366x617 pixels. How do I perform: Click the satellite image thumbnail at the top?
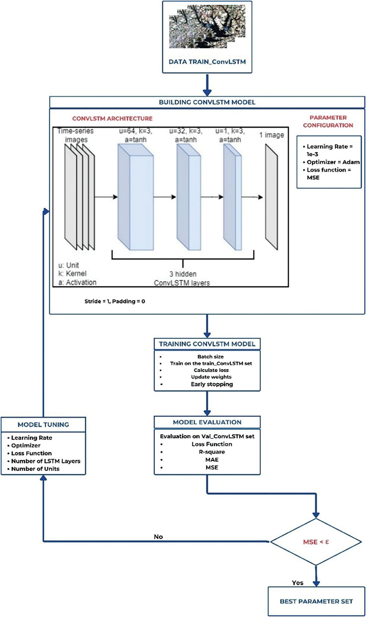click(x=207, y=26)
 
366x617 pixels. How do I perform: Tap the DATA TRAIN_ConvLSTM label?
click(x=207, y=62)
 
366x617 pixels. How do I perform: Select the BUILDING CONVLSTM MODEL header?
click(x=207, y=102)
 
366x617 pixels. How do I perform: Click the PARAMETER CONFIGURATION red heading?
click(x=328, y=121)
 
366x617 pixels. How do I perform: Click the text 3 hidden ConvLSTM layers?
click(x=182, y=279)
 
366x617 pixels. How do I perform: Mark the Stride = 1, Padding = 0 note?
click(x=114, y=301)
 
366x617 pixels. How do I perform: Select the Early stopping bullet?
click(x=212, y=384)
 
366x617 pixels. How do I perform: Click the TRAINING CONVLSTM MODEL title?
click(x=207, y=344)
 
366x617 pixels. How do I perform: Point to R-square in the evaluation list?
click(x=212, y=452)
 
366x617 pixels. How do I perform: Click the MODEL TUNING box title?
click(x=43, y=425)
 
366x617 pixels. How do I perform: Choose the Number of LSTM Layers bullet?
click(x=46, y=461)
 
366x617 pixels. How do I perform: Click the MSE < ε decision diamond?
click(x=316, y=542)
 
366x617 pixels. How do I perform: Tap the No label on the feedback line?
click(x=158, y=537)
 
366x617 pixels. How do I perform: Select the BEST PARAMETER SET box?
click(x=316, y=601)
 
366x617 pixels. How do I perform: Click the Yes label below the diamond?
click(x=298, y=583)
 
